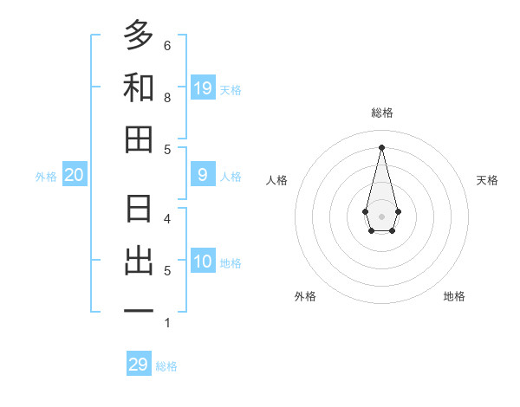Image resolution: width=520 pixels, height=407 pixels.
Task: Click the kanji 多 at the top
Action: [139, 36]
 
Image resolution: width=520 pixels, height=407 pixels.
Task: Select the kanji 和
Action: [139, 87]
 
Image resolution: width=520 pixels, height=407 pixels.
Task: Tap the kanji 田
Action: [139, 139]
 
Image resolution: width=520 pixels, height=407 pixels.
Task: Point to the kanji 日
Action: [139, 209]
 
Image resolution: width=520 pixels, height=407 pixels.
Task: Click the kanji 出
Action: [139, 261]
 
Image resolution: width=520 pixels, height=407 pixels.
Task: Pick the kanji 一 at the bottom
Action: [139, 311]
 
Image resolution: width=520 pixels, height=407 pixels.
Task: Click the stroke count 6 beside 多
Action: [167, 45]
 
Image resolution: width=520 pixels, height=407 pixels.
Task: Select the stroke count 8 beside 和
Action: [167, 97]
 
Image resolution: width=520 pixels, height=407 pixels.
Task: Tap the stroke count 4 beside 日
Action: [167, 218]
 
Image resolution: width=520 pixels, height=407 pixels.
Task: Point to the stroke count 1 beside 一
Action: [167, 323]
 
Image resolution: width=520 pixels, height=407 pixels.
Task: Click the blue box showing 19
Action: [203, 87]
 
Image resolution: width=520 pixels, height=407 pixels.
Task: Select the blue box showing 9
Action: [203, 175]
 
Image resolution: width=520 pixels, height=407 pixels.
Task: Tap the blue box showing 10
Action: [203, 262]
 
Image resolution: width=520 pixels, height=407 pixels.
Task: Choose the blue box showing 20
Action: [75, 175]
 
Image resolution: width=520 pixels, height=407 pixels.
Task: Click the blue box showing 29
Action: [139, 365]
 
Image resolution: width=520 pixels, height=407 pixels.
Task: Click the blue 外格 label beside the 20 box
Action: [46, 176]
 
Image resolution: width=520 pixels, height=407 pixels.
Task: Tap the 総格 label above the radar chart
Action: [382, 113]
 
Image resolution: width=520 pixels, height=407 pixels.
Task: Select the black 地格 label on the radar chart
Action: [454, 296]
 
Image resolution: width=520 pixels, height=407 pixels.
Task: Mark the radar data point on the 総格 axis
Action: [382, 146]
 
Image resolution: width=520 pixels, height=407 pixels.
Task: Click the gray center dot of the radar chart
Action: [382, 216]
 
